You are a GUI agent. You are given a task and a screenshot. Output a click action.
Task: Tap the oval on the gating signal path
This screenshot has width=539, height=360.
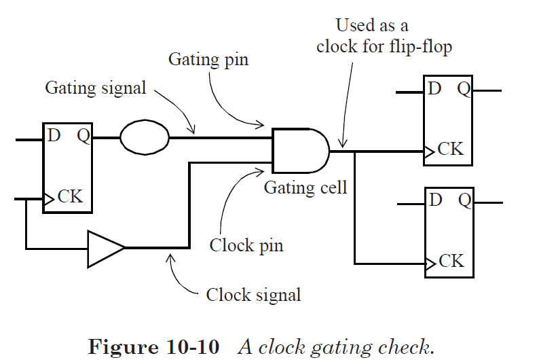click(x=145, y=138)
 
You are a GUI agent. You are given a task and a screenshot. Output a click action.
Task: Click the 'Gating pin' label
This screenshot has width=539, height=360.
click(x=208, y=60)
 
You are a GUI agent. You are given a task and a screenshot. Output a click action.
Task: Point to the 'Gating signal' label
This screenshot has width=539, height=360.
click(x=95, y=88)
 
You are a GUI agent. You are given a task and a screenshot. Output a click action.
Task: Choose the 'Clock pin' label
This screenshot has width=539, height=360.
click(x=246, y=245)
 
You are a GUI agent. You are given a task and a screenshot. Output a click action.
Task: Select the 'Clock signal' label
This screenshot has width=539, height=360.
click(x=253, y=295)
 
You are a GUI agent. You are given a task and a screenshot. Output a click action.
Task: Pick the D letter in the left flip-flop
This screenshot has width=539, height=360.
click(x=54, y=135)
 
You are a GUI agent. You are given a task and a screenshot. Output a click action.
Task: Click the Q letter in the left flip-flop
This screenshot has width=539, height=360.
click(x=83, y=135)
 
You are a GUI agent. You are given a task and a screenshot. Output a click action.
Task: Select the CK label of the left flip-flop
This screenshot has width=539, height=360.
click(x=70, y=197)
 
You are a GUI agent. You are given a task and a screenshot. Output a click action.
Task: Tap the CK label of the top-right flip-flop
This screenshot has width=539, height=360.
click(x=451, y=149)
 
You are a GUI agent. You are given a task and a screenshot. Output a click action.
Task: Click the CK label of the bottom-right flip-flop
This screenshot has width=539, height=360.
click(x=451, y=261)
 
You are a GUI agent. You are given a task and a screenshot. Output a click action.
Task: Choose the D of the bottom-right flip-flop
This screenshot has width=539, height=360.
click(x=436, y=200)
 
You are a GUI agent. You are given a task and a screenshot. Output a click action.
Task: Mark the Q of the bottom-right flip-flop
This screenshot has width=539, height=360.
click(x=465, y=200)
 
